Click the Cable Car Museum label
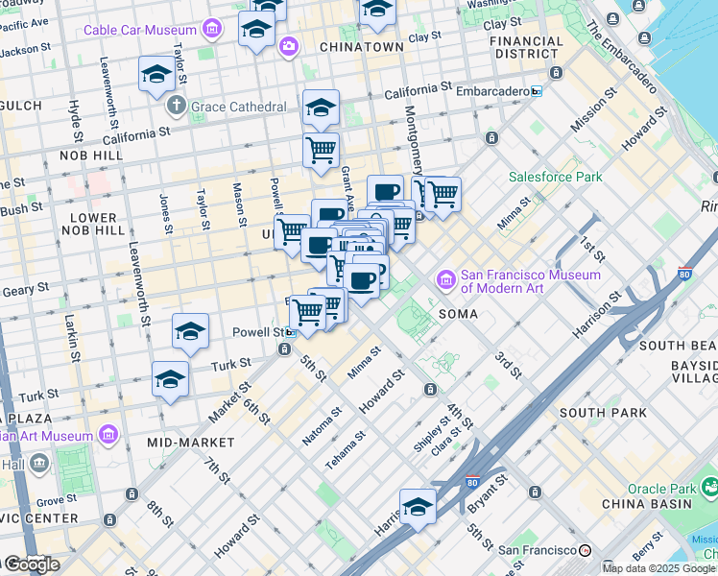139,30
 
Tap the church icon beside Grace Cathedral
176,105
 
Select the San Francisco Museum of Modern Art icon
446,280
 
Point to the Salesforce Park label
555,177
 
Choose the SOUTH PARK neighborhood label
596,413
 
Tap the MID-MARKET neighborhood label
191,443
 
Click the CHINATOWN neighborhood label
361,47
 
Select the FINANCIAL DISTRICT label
526,47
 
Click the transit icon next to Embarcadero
536,91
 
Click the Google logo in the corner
31,564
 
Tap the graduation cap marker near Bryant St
418,507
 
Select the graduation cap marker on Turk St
170,378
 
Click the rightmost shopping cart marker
443,194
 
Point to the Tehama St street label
345,449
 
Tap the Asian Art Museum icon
108,436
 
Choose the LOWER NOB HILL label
92,225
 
